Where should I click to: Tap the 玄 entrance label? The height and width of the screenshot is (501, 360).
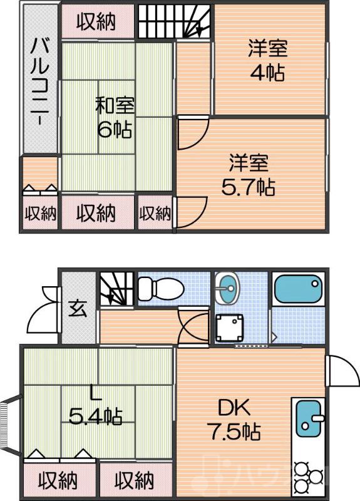[x=78, y=309]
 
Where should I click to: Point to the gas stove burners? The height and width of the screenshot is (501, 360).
[x=308, y=477]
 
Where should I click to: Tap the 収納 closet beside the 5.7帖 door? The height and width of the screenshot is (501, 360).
[x=155, y=214]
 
